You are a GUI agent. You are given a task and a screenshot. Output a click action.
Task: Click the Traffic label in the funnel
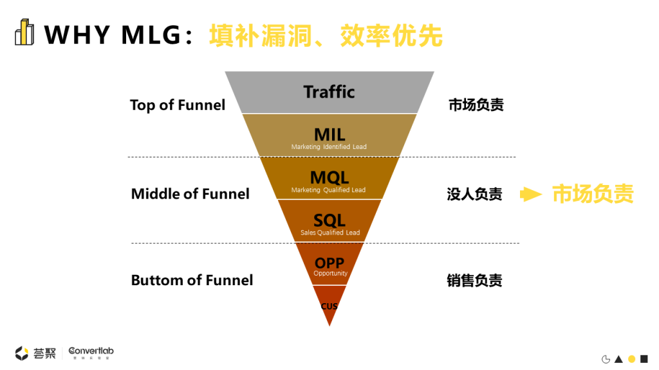click(x=329, y=92)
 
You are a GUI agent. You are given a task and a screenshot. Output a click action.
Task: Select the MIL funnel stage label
click(x=329, y=135)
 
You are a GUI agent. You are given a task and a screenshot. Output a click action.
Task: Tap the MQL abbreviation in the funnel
click(x=329, y=177)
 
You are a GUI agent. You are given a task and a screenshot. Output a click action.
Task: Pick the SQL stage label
click(x=329, y=220)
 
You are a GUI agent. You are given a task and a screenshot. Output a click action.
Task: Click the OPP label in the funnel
click(x=329, y=263)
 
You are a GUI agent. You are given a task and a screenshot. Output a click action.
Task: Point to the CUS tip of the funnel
click(x=329, y=306)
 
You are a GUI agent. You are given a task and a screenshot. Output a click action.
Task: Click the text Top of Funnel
click(x=178, y=105)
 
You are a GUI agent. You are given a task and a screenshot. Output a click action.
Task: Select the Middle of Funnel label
click(x=190, y=193)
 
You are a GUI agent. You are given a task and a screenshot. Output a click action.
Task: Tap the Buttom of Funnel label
click(x=192, y=280)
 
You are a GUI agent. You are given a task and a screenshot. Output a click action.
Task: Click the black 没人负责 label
click(x=475, y=194)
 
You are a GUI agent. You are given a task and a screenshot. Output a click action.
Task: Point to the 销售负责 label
click(x=475, y=281)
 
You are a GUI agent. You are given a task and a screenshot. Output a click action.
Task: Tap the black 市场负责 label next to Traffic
click(x=476, y=105)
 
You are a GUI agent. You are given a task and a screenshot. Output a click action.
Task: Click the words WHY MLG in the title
click(x=113, y=35)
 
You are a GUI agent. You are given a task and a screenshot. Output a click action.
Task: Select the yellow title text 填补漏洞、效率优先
click(x=326, y=35)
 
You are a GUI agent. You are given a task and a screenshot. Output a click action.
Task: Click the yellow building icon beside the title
click(x=24, y=33)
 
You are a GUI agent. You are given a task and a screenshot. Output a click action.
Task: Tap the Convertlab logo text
click(x=91, y=351)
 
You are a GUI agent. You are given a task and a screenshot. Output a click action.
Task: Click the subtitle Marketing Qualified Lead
click(x=328, y=190)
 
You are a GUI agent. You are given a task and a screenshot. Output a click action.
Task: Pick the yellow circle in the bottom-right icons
click(x=631, y=359)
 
